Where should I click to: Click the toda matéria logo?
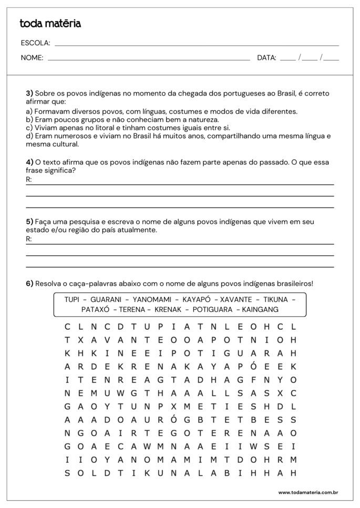tap(50, 24)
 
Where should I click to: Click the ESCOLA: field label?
tap(36, 43)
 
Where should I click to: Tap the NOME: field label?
tap(32, 58)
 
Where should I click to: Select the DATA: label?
tap(266, 58)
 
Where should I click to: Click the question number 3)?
tap(29, 94)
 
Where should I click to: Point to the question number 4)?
tap(29, 163)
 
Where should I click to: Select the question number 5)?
tap(29, 222)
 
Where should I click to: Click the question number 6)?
tap(29, 284)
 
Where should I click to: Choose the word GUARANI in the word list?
tap(106, 299)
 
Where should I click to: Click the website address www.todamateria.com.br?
tap(307, 492)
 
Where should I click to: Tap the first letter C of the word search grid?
tap(67, 326)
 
